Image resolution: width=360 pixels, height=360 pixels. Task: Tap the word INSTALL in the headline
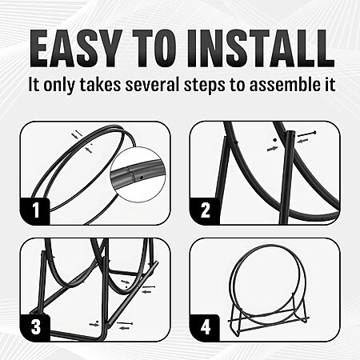[260, 49]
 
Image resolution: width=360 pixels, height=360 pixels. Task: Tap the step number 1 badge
[35, 211]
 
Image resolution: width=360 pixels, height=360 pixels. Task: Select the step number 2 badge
[205, 210]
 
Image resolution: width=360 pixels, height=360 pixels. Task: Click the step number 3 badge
[35, 327]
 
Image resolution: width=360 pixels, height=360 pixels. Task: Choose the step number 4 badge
[205, 327]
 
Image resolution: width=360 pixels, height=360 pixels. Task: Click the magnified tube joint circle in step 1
[138, 174]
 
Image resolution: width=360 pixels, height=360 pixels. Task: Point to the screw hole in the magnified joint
[142, 177]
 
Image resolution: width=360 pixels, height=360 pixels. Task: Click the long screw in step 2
[306, 134]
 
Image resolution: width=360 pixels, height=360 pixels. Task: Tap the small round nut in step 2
[274, 140]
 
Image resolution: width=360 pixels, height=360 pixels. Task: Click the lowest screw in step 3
[125, 323]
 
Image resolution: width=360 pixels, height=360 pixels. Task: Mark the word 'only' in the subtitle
[58, 86]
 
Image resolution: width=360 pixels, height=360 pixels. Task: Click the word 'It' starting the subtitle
[34, 85]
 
